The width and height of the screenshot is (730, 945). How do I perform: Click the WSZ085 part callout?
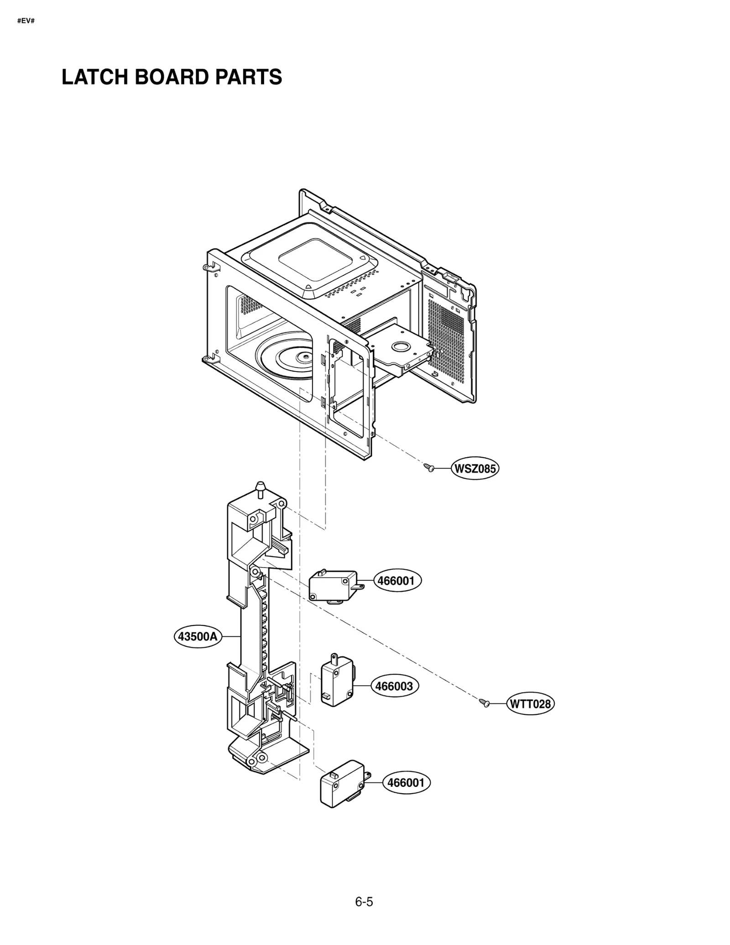(x=474, y=469)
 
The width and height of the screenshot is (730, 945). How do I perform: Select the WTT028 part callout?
(x=530, y=704)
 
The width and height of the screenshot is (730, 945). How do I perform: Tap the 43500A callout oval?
(x=198, y=636)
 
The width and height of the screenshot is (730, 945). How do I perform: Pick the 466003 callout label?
(x=394, y=686)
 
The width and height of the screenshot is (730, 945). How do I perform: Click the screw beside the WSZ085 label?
(x=429, y=467)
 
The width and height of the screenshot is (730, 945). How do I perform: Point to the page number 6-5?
(x=364, y=902)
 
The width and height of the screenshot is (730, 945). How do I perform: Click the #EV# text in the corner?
(x=26, y=21)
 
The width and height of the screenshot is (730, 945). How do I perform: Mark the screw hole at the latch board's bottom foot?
(x=262, y=758)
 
